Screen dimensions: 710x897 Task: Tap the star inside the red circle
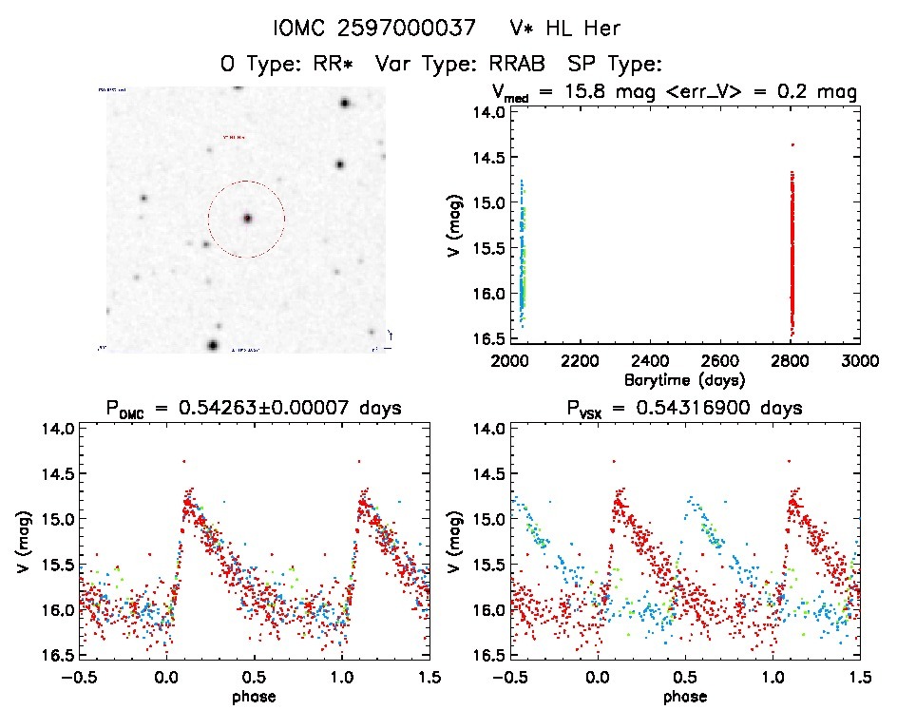[247, 219]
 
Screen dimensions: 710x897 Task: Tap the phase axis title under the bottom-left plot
[253, 697]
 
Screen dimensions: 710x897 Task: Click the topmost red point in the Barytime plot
[792, 144]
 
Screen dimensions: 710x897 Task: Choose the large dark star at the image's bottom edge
[213, 344]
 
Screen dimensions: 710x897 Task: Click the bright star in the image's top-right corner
[345, 103]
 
